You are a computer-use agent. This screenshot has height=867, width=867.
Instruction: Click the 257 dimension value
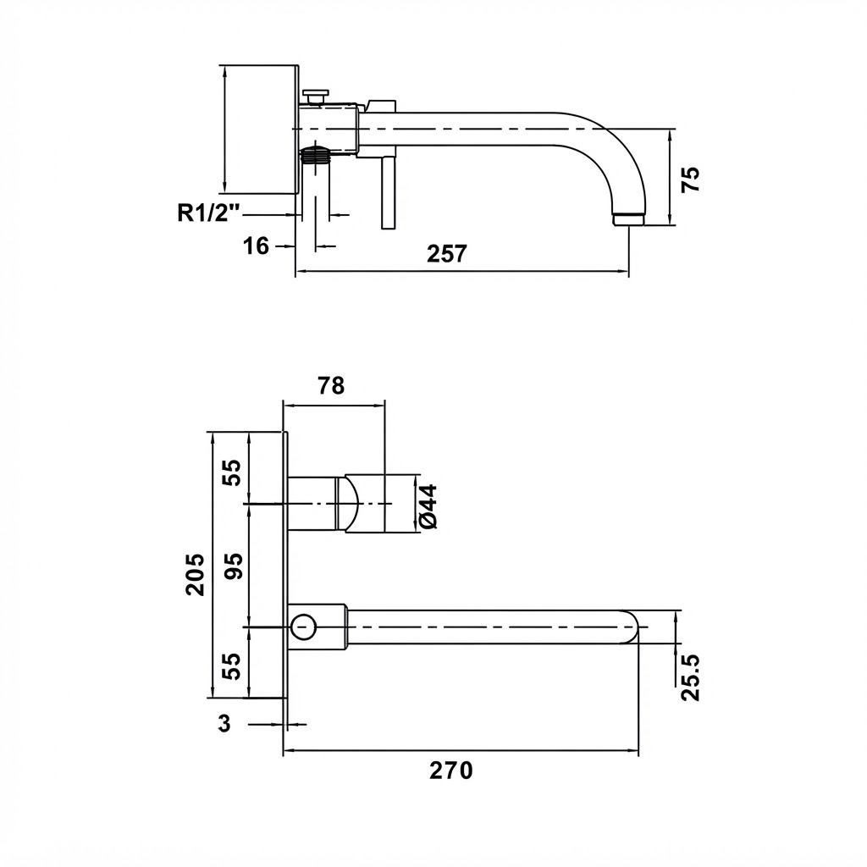click(x=447, y=254)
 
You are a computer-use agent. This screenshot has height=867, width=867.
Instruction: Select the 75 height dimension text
click(x=690, y=179)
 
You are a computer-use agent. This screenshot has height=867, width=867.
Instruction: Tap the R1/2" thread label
click(x=209, y=213)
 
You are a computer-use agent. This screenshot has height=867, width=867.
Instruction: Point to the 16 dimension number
click(x=256, y=246)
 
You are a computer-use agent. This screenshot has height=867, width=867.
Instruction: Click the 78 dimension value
click(x=332, y=385)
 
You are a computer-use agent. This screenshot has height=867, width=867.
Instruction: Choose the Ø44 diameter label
click(x=428, y=506)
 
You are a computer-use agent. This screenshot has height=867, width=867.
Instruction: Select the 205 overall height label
click(x=195, y=575)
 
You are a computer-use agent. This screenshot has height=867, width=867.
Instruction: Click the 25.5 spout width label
click(x=690, y=677)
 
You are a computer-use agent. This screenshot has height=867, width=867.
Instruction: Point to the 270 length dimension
click(x=451, y=770)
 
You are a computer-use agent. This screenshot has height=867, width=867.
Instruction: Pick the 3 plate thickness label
click(x=224, y=723)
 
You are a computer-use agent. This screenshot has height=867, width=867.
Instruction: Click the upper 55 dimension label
click(x=235, y=472)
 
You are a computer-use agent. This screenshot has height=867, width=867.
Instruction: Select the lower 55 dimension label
click(x=235, y=667)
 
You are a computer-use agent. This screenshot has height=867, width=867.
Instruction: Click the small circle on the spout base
click(x=303, y=627)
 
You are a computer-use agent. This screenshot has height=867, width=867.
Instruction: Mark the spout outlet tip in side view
click(x=629, y=219)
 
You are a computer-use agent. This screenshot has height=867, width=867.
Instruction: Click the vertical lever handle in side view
click(x=388, y=192)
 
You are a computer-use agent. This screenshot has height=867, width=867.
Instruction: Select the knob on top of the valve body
click(x=316, y=96)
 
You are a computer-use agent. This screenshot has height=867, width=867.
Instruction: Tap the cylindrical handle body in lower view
click(x=365, y=504)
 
